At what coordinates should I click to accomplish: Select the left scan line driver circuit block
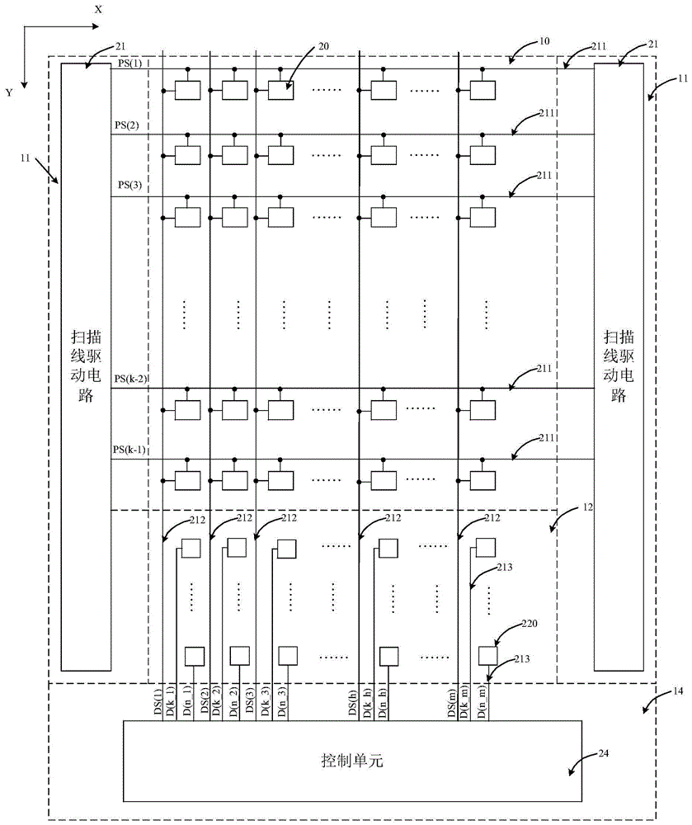pos(87,365)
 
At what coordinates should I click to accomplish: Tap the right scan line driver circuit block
pos(619,365)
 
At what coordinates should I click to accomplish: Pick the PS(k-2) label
pos(130,378)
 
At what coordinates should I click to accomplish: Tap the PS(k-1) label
pos(130,449)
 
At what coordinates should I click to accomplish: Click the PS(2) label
pos(127,125)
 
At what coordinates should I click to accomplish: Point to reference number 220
pos(530,625)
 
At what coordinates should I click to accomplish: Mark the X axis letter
pos(98,9)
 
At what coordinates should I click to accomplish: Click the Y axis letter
pos(9,93)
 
